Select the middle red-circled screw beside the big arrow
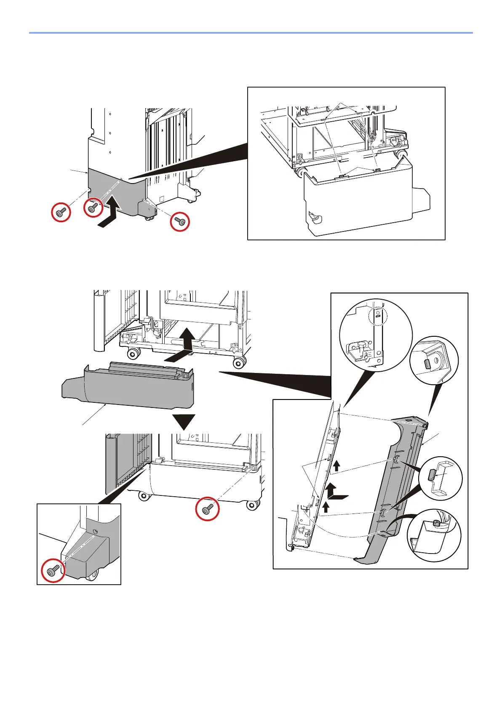coord(93,207)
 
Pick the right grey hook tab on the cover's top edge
coord(377,170)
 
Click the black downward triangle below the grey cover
coord(184,422)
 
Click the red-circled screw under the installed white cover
coord(207,509)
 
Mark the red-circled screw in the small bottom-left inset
coord(53,571)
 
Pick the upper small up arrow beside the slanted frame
coord(336,465)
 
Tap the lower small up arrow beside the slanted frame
coord(326,506)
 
